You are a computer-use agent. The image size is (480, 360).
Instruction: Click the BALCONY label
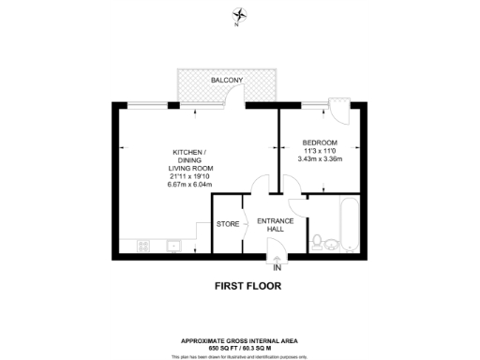coord(226,81)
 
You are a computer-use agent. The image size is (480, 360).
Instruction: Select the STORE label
coord(227,225)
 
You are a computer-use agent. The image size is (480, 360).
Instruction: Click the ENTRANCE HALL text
coord(276,225)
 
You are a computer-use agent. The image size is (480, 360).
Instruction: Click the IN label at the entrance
coord(277,267)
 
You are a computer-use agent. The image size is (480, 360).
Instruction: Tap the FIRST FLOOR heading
coord(242,285)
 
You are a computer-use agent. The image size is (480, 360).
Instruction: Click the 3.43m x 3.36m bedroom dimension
coord(321,158)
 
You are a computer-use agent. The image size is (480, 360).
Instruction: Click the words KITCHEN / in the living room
coord(188,152)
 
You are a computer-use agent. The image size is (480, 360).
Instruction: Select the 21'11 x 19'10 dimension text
coord(188,175)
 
